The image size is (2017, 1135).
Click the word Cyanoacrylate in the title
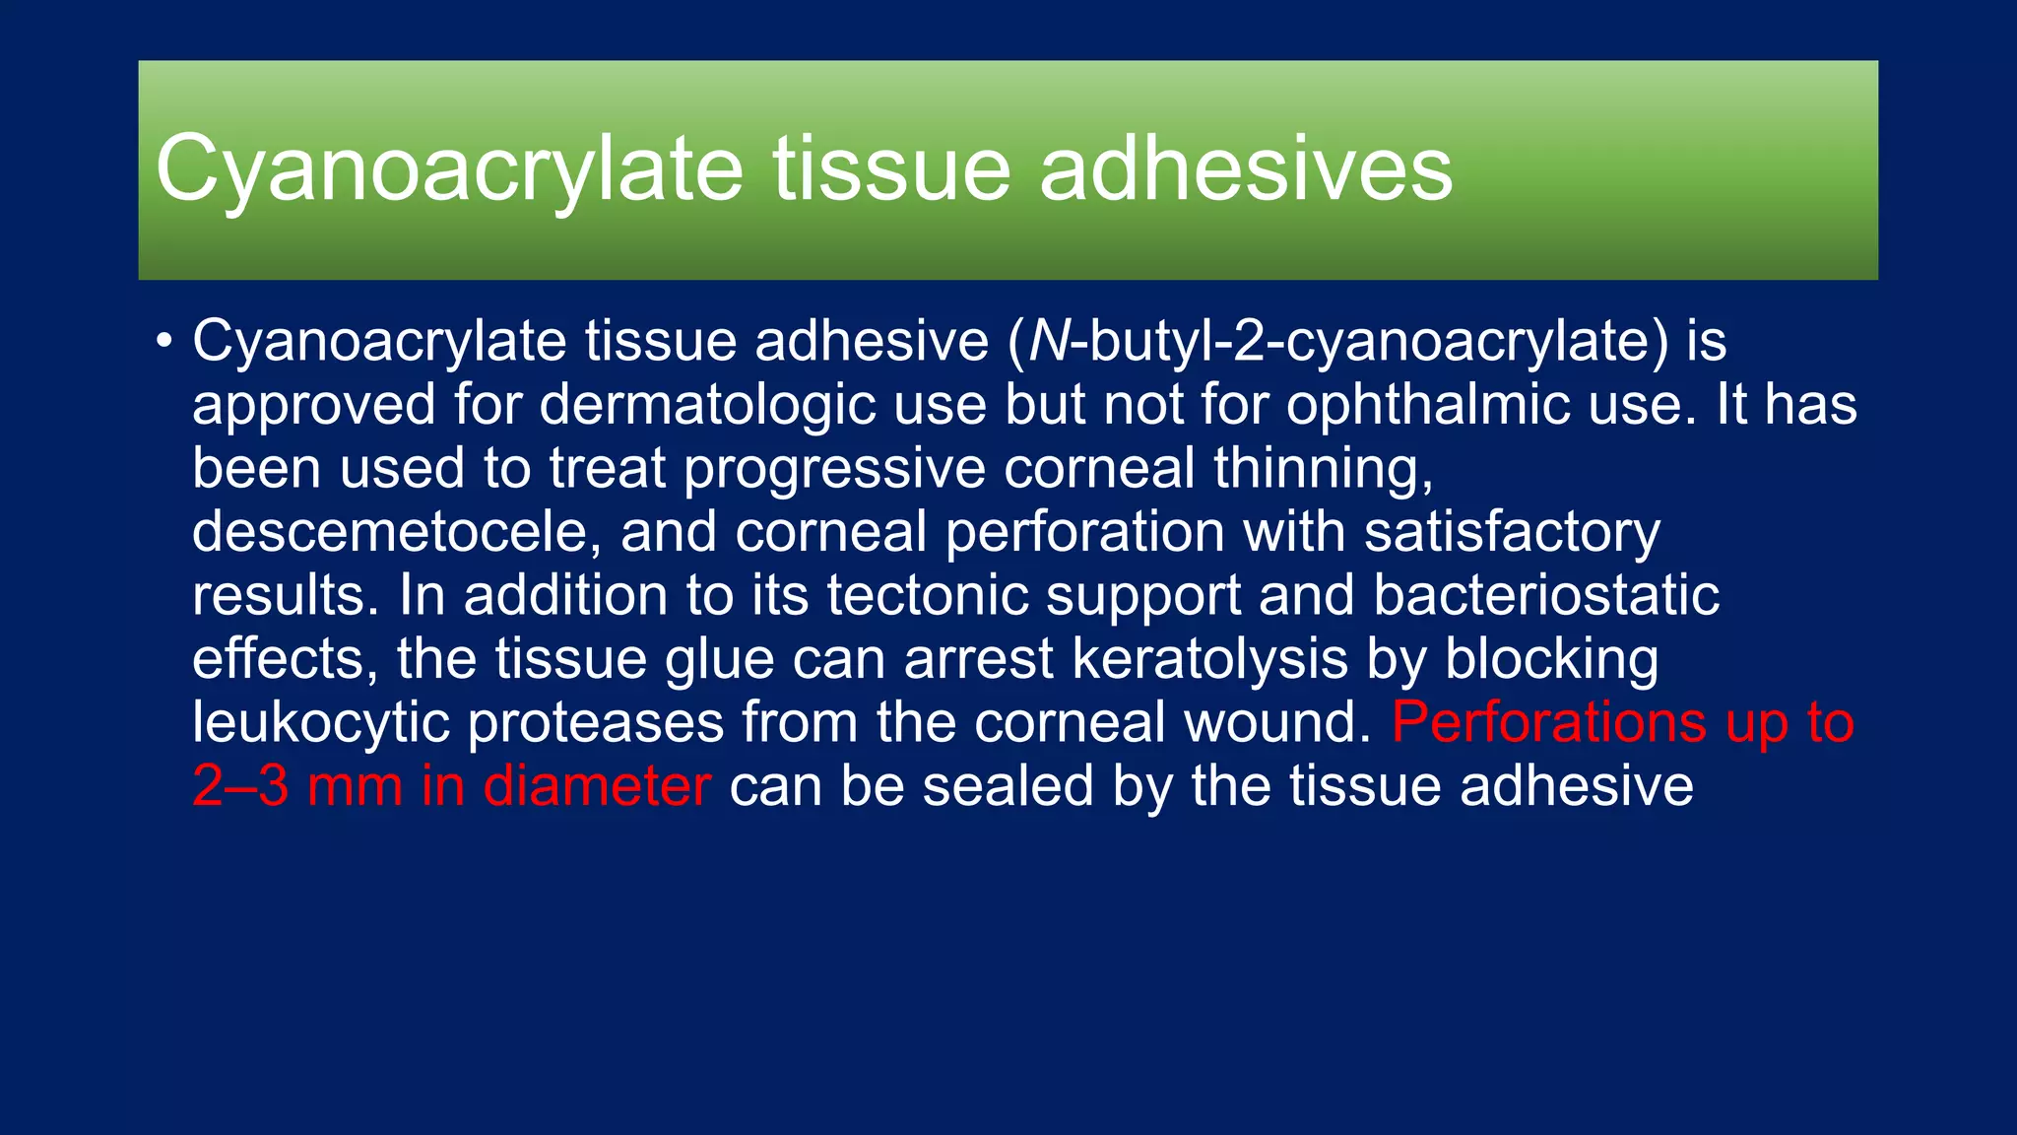point(448,169)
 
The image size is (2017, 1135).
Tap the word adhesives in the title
point(1246,169)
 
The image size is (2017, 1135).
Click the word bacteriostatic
point(1545,595)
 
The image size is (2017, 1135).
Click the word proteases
point(595,722)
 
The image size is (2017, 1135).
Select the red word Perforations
point(1548,722)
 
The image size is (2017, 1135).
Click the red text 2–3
point(240,786)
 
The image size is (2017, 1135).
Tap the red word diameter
point(597,786)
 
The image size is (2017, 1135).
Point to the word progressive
point(834,468)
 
